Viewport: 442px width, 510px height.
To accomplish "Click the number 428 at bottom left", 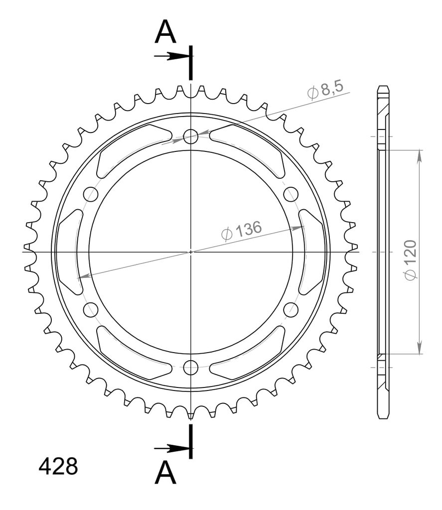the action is [x=58, y=466].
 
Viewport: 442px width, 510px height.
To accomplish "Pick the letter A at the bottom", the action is [x=165, y=473].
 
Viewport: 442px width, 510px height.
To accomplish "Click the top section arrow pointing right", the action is [x=171, y=56].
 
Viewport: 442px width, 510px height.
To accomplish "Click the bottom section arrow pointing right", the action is [x=171, y=449].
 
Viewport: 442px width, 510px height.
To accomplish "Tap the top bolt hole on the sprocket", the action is [x=191, y=136].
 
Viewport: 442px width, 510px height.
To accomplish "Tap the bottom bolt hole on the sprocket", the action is [x=191, y=368].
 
